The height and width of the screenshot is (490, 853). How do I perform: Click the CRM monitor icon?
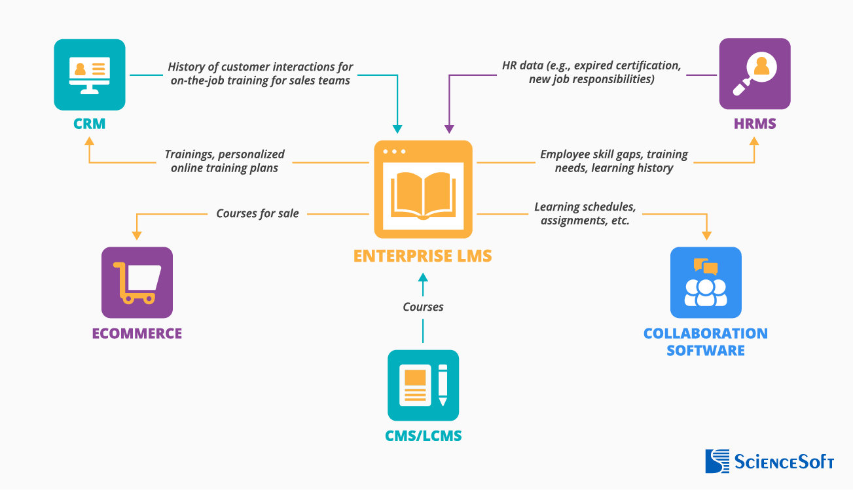coord(90,75)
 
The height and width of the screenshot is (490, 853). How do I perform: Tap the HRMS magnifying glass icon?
coord(754,73)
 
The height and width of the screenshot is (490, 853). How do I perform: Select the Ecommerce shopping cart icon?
coord(137,282)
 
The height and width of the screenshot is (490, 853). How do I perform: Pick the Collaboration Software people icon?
coord(706,282)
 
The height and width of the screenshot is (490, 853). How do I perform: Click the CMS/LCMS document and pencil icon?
coord(423,385)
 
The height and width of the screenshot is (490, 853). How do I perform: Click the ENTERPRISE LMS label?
coord(422,256)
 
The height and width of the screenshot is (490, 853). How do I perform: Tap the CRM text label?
coord(90,124)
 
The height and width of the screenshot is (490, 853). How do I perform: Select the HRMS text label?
coord(754,124)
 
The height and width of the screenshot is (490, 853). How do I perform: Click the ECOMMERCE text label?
coord(137,334)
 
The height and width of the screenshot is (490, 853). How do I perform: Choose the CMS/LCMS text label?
coord(423,436)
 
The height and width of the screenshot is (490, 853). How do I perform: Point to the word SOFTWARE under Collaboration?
coord(706,351)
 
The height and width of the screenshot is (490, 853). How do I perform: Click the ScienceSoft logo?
coord(769,461)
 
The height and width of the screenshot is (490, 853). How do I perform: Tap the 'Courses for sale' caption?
coord(257,213)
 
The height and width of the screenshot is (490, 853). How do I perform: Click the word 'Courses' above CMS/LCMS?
coord(423,307)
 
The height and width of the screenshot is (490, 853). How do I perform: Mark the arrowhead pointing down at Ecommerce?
coord(136,234)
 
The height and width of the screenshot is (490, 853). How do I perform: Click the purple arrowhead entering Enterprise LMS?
coord(449,128)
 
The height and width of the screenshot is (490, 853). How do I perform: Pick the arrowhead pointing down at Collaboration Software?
coord(706,234)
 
